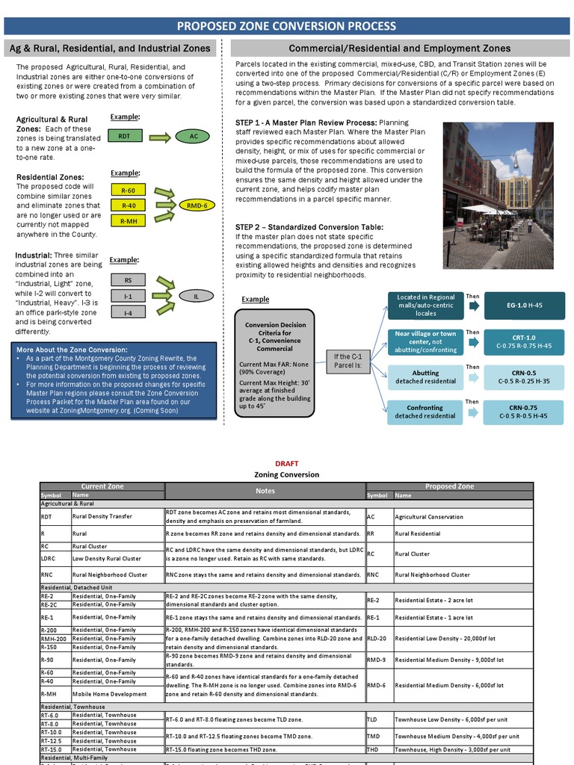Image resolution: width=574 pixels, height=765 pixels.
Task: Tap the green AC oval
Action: pos(194,137)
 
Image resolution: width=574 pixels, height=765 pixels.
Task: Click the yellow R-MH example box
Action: pos(129,221)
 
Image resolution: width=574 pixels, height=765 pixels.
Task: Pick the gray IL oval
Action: pos(197,296)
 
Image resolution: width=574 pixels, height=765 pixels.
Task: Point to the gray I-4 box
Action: pos(129,312)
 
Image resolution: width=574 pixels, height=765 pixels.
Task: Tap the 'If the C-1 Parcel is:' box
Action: pos(348,361)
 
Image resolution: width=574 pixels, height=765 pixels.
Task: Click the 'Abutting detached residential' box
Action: pos(425,377)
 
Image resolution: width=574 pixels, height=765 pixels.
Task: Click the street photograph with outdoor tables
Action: pos(498,196)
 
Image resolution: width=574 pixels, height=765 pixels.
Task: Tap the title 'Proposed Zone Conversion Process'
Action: pos(286,26)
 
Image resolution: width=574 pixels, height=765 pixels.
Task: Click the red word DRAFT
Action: pos(286,464)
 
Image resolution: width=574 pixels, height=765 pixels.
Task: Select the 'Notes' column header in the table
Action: pos(265,491)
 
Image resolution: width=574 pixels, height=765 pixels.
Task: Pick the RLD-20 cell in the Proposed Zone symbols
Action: pos(378,639)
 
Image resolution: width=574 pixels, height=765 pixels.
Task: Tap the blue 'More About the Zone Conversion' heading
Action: pos(72,350)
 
